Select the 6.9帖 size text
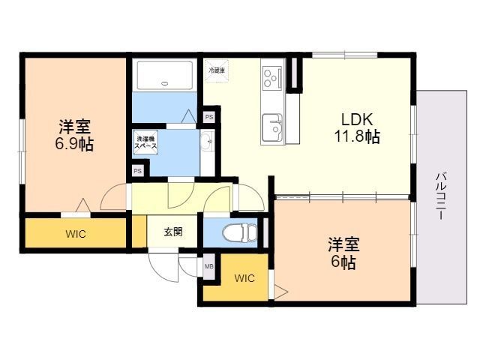coord(74,144)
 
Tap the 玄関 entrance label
coord(173,232)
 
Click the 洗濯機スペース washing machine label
coord(145,143)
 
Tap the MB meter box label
coord(208,265)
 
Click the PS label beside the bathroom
coord(209,117)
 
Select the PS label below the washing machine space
coord(137,171)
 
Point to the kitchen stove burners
coord(271,76)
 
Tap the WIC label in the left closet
coord(75,234)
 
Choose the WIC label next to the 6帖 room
coord(244,278)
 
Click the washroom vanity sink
coord(206,140)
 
